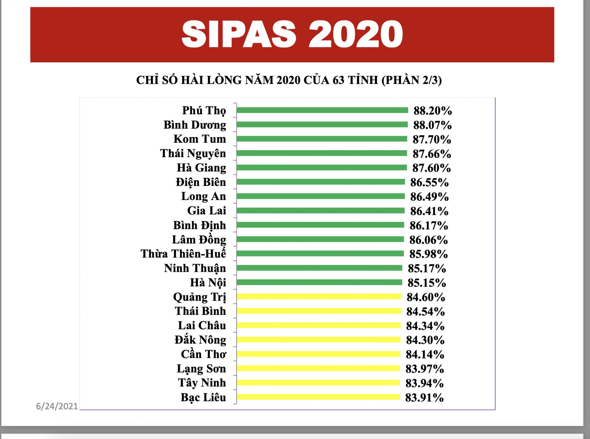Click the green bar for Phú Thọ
point(322,110)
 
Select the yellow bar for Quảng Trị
point(319,296)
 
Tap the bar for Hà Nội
point(319,282)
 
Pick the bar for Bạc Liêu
point(318,397)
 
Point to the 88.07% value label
point(432,125)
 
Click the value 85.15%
point(427,283)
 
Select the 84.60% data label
point(426,297)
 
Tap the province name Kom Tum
point(200,139)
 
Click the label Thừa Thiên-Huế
point(183,254)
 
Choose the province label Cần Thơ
point(203,354)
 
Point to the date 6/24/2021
point(57,406)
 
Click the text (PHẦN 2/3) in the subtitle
point(411,80)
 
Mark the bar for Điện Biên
point(321,182)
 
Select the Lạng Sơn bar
point(318,368)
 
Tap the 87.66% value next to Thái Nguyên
point(431,154)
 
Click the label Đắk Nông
point(200,340)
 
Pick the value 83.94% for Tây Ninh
point(424,383)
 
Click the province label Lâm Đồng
point(199,240)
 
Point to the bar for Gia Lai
point(321,210)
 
